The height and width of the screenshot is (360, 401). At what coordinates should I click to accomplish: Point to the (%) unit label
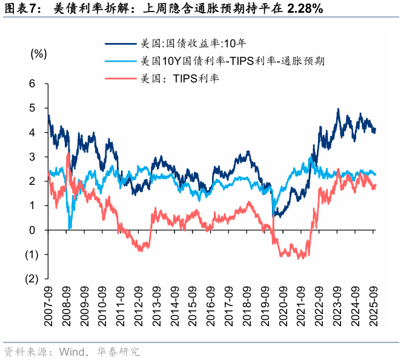38,53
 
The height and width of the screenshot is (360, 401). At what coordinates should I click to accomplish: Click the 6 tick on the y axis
33,83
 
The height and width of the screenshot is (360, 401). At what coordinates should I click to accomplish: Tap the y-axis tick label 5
33,108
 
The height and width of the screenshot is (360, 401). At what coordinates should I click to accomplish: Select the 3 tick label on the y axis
33,157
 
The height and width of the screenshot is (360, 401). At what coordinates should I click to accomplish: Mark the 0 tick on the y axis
33,230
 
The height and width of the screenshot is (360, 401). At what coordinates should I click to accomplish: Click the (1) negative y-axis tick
31,255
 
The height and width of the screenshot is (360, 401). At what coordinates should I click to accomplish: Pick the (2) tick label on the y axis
31,279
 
